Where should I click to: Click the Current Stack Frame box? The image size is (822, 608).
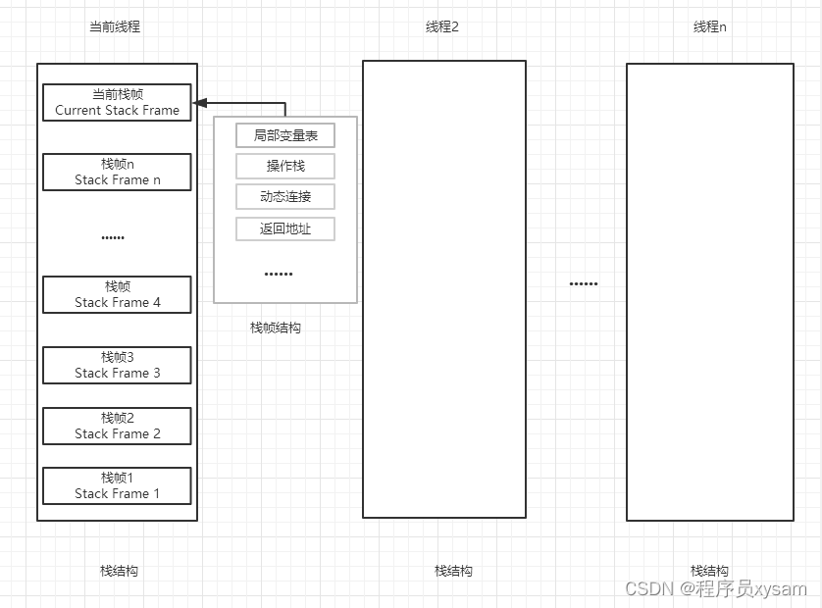click(x=117, y=102)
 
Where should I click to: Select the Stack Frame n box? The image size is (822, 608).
click(x=117, y=172)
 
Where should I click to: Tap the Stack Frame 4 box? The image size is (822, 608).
click(x=117, y=294)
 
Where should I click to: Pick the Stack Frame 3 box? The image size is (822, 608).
click(x=117, y=365)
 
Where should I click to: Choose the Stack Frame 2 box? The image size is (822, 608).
click(x=117, y=426)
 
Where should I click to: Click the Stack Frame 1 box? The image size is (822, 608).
click(x=117, y=485)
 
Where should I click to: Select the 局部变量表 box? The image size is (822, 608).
click(x=285, y=135)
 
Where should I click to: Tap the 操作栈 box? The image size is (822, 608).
click(x=285, y=166)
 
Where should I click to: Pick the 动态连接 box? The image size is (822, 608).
click(x=285, y=196)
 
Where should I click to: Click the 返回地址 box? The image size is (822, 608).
click(x=285, y=229)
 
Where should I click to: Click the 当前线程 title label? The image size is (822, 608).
click(x=115, y=26)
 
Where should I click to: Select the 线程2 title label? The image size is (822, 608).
click(x=442, y=26)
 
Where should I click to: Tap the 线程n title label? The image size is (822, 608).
click(x=710, y=26)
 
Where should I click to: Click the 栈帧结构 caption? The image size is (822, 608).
click(x=276, y=328)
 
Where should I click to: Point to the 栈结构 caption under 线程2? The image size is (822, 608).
click(x=454, y=571)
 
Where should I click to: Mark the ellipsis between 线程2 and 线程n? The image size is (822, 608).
click(x=584, y=284)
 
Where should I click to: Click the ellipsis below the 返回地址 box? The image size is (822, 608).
click(x=279, y=274)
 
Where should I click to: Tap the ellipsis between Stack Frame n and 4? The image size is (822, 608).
click(x=113, y=237)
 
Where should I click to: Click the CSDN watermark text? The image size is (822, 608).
click(x=715, y=588)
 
